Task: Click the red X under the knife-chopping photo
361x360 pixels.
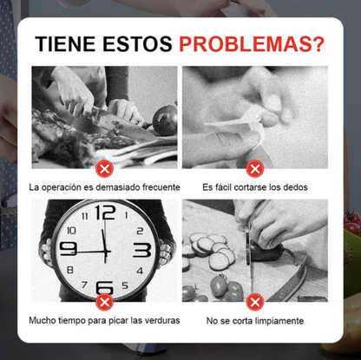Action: click(x=105, y=168)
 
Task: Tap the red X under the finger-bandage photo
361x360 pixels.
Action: click(x=255, y=168)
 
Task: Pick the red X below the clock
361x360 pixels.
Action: click(x=105, y=302)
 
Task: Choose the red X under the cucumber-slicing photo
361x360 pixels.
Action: click(x=255, y=302)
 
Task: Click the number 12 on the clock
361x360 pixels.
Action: click(x=105, y=213)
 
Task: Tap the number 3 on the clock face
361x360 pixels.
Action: click(x=142, y=251)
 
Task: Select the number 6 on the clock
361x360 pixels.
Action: click(x=105, y=287)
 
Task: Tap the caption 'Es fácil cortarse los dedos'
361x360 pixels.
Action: click(x=255, y=187)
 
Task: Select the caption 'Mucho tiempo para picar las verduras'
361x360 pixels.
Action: click(x=104, y=321)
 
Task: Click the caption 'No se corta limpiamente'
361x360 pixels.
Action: click(x=255, y=321)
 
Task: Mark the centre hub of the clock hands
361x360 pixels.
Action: click(x=106, y=251)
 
